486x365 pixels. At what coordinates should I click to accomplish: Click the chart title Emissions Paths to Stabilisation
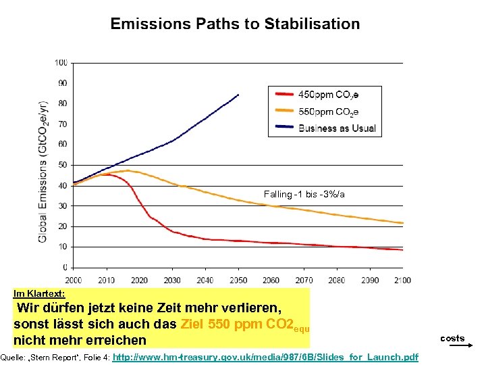click(235, 24)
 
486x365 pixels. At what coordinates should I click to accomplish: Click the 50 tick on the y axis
click(62, 165)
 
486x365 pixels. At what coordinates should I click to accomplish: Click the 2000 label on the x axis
click(73, 280)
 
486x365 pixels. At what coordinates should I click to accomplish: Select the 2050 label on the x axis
click(238, 280)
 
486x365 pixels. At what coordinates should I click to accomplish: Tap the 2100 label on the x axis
click(403, 280)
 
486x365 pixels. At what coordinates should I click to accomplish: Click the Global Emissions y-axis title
click(43, 172)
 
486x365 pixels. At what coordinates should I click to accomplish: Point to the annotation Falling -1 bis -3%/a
click(304, 195)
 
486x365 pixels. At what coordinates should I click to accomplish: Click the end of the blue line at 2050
click(238, 95)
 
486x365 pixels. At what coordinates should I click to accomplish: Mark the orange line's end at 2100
click(403, 223)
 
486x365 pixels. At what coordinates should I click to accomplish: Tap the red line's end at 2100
click(403, 250)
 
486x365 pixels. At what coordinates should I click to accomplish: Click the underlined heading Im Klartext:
click(39, 294)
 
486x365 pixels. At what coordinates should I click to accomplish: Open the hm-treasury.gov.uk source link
click(266, 357)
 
